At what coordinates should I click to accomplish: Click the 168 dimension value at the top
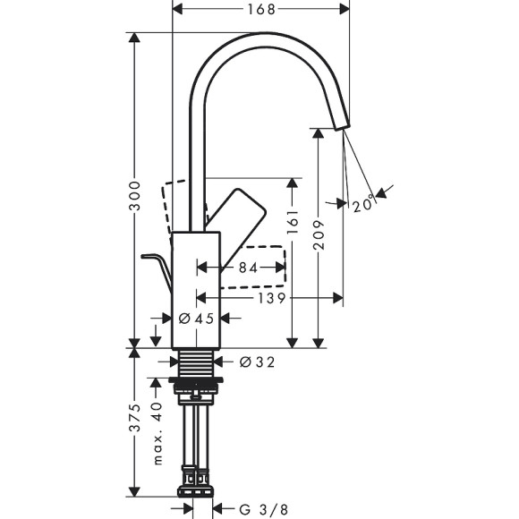click(259, 9)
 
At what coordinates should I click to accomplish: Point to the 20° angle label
click(362, 205)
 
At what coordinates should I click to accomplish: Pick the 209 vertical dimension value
click(320, 234)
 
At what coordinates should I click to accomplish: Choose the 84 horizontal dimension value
click(248, 268)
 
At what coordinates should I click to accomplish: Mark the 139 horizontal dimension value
click(268, 297)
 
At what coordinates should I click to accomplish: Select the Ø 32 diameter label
click(257, 362)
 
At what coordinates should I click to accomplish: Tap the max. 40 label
click(156, 434)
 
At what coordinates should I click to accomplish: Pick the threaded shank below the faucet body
click(196, 362)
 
